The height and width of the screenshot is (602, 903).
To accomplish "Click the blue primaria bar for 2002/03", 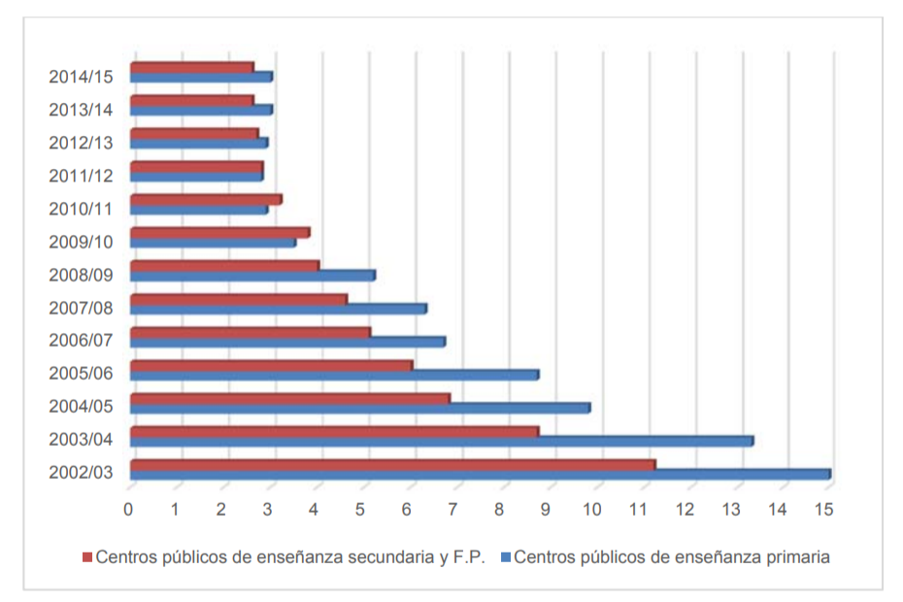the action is pos(481,475).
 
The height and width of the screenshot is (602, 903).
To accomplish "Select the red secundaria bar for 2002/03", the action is pos(393,465).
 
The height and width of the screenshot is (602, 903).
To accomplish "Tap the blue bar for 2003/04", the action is pos(442,442).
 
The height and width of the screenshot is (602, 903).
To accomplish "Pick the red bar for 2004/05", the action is pos(290,399).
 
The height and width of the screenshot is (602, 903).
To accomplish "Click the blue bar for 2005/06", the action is pos(335,376).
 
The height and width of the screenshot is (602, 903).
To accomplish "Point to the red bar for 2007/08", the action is pos(239,300).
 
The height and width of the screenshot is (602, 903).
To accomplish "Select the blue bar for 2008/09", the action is pos(252,276).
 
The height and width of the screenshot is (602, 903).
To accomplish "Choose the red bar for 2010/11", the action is pos(206,200).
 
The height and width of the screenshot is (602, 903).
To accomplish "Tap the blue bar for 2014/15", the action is pos(202,78).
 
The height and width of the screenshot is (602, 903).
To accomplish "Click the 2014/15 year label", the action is pos(81,77).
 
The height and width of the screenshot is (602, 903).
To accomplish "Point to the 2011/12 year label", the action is pos(81,176).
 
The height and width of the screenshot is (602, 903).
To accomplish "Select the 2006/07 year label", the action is pos(81,341).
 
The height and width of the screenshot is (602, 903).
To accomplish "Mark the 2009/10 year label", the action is pos(81,242).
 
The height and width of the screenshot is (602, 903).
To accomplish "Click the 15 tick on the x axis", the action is pos(824,509).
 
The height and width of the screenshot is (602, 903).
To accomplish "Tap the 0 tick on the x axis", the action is pos(128,509).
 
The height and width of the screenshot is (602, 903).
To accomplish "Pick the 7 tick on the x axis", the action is pos(452,509).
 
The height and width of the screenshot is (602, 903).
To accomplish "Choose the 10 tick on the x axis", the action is pos(592,509).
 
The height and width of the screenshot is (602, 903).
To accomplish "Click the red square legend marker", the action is pos(87,557).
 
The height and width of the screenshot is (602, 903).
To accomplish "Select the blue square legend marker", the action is pos(506,557).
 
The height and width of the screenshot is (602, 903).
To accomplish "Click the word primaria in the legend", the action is pos(798,557).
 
